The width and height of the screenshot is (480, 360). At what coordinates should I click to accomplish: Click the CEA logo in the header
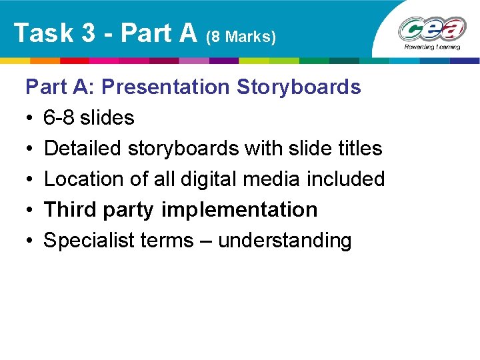click(431, 29)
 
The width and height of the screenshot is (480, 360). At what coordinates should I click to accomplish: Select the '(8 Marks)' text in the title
click(241, 37)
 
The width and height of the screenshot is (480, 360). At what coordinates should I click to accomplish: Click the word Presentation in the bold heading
click(165, 87)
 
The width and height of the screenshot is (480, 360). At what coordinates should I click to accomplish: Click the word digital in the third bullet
click(231, 179)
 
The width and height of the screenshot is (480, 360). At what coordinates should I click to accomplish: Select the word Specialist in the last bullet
click(89, 241)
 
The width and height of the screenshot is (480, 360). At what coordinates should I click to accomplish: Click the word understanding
click(285, 241)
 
